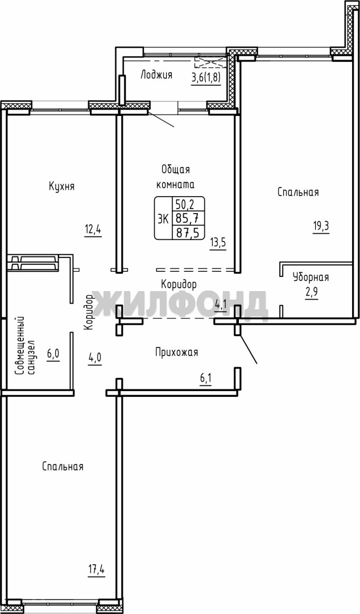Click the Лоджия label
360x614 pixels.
pos(156,75)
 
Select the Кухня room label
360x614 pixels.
pos(61,186)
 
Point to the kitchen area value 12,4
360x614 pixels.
pos(93,229)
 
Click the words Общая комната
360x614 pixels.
pos(176,177)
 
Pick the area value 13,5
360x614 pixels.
pos(218,242)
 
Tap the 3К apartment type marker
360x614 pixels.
pos(163,218)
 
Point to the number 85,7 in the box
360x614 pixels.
pos(188,218)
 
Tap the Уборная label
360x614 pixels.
pos(311,277)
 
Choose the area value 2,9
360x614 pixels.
pos(311,293)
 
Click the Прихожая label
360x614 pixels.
pos(176,352)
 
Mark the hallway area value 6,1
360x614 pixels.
pos(206,379)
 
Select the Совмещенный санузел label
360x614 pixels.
pos(26,346)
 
